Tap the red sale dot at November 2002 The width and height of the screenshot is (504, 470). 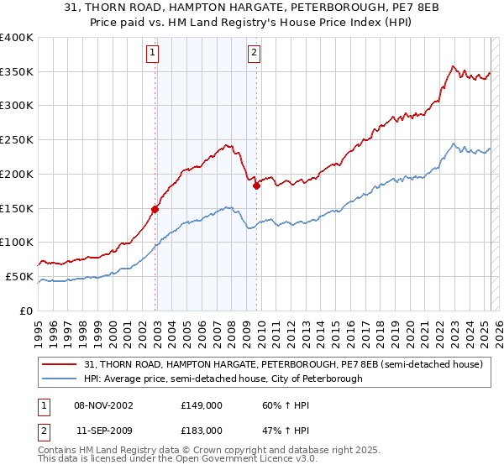click(x=155, y=209)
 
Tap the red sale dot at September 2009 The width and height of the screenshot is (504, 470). click(x=257, y=185)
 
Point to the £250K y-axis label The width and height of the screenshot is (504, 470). click(x=17, y=139)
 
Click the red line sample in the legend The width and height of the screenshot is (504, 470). click(x=61, y=364)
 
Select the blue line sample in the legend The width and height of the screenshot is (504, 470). click(x=61, y=379)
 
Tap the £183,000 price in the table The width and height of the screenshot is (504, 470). click(x=201, y=430)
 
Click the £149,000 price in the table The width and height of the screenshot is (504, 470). click(x=201, y=405)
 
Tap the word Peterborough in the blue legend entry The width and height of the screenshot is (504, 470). click(x=332, y=379)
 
